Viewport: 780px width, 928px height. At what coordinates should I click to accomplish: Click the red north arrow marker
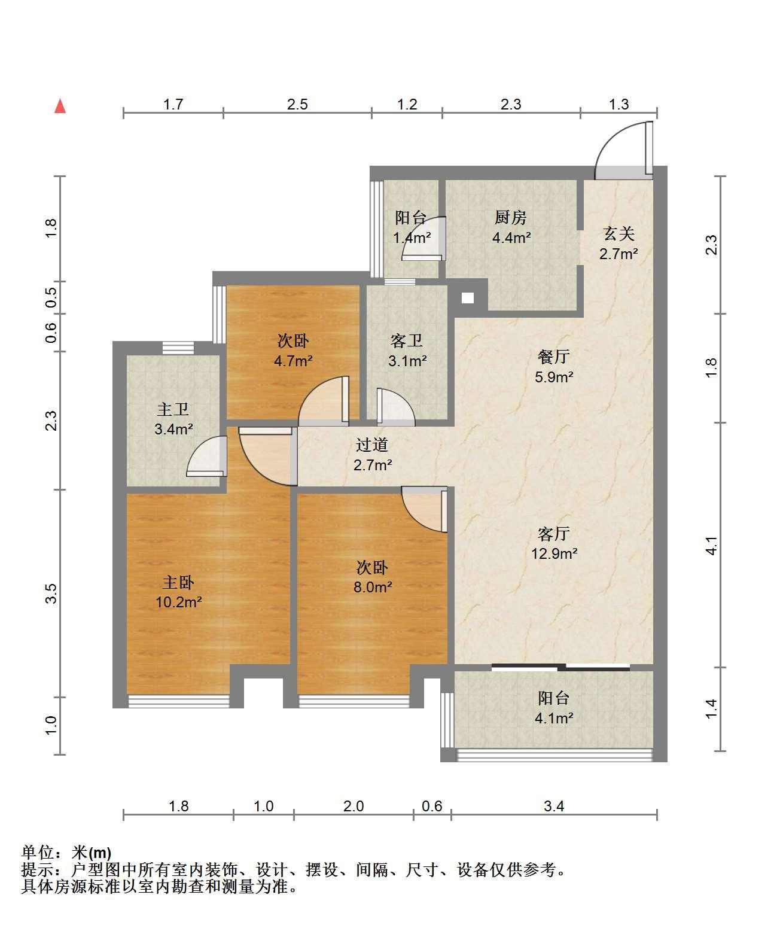(60, 107)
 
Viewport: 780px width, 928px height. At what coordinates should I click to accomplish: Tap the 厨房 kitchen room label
(511, 218)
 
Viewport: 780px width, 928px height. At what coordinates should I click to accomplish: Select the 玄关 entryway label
(618, 233)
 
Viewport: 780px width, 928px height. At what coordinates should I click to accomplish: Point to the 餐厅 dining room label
(553, 357)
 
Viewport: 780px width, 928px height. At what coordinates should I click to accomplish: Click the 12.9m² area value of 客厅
(554, 553)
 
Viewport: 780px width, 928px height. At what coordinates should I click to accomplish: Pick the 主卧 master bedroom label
(178, 583)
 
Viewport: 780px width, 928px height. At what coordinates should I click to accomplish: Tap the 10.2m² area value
(179, 603)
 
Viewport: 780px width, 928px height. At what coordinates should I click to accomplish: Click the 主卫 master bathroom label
(173, 409)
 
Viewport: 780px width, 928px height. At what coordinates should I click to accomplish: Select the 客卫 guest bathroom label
(406, 341)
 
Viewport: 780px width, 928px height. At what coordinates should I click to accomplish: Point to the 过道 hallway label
(372, 445)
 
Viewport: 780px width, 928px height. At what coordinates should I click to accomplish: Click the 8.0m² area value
(373, 587)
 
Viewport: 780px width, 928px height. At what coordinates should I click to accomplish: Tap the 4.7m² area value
(293, 360)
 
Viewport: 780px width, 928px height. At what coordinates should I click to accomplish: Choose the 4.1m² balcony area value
(554, 718)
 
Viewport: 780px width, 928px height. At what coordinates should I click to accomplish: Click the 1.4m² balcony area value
(412, 238)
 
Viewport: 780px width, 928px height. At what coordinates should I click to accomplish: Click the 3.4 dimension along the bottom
(554, 806)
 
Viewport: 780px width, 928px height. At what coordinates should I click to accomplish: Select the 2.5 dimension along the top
(297, 104)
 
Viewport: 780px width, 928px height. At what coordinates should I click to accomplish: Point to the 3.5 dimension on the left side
(51, 594)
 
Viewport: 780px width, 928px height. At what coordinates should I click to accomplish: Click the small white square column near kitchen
(468, 298)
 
